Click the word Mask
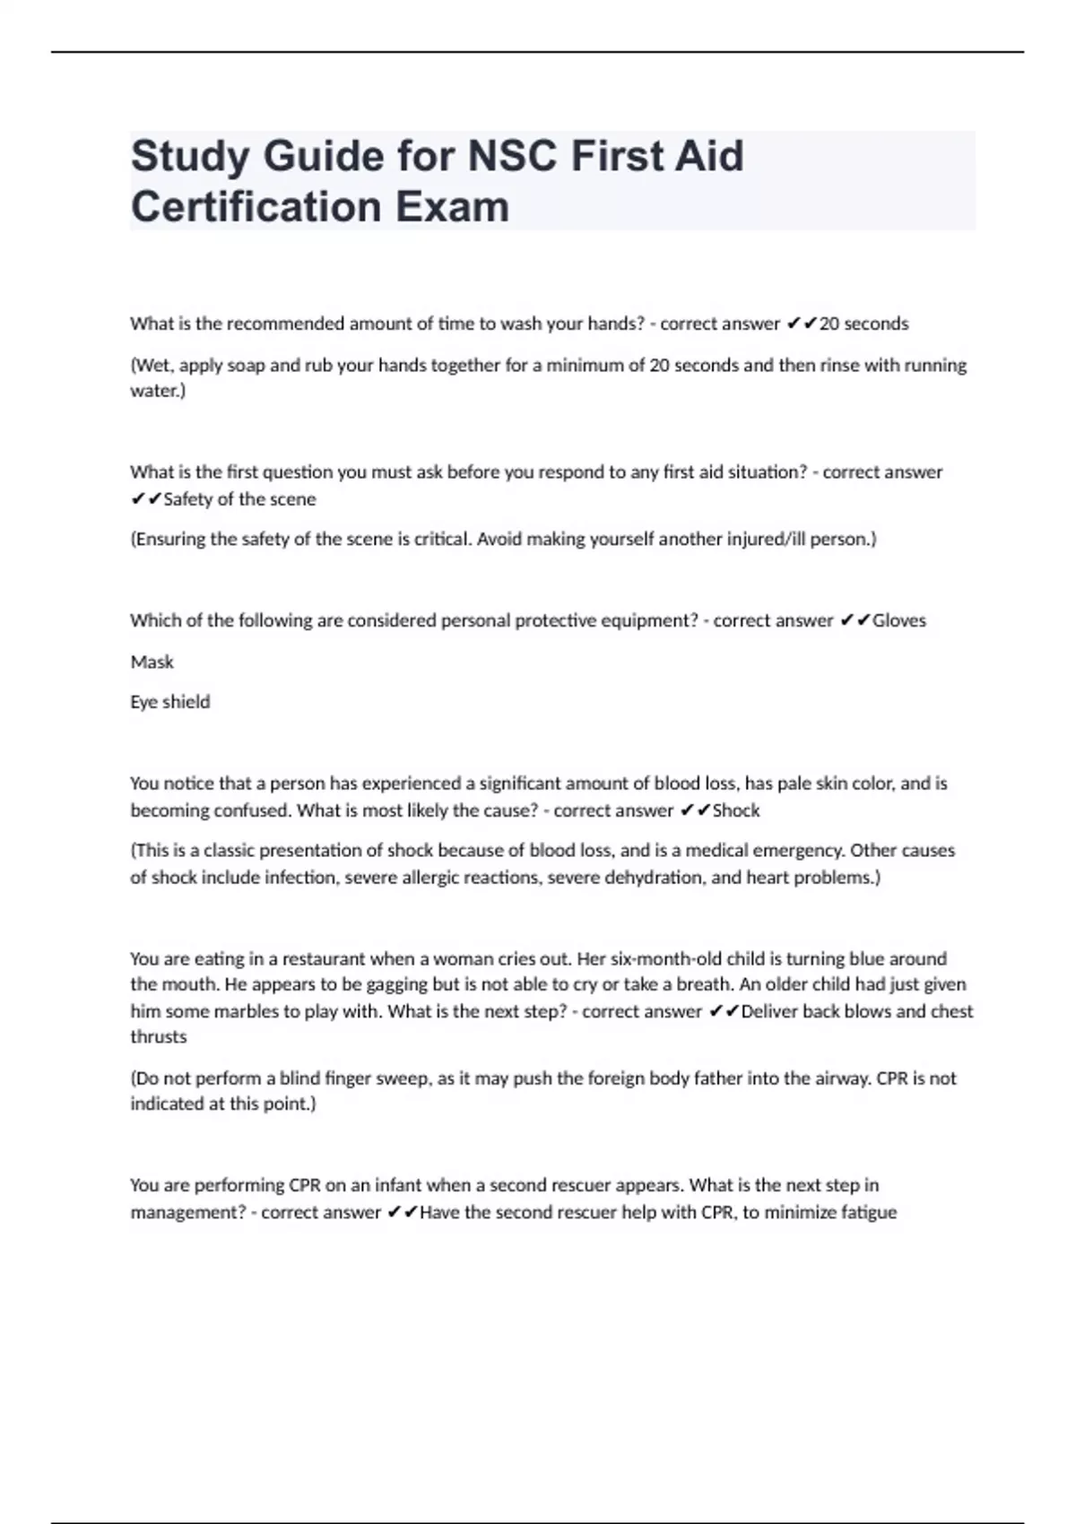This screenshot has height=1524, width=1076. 152,662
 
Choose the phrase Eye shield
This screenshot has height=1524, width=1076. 169,702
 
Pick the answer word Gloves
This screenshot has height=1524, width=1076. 899,620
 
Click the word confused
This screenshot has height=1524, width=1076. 250,810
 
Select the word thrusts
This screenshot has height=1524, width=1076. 159,1037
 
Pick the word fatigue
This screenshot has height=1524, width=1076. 864,1212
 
